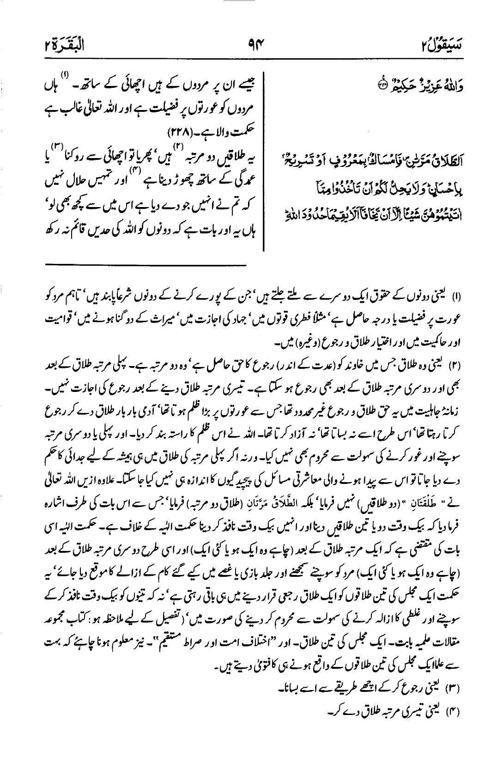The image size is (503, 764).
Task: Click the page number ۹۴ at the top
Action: (251, 45)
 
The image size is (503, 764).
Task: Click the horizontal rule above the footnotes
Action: (146, 265)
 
